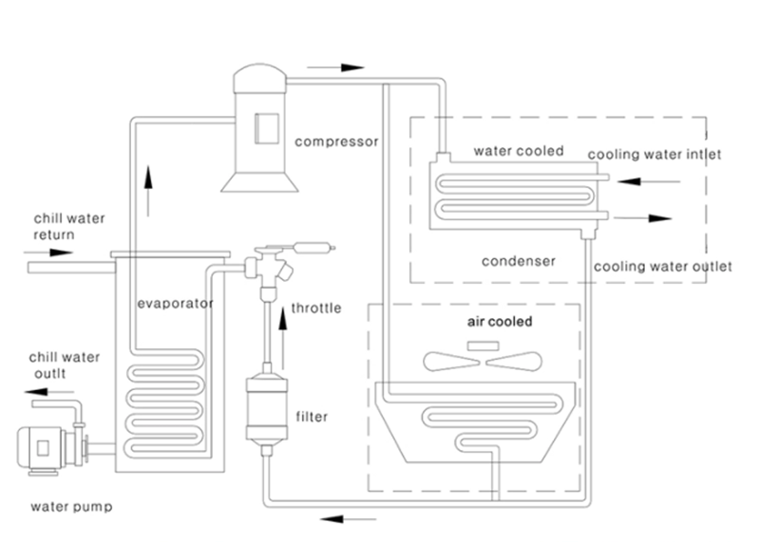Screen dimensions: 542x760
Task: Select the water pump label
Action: [71, 507]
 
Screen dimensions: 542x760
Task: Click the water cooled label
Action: [519, 151]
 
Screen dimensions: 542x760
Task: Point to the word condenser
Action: [518, 259]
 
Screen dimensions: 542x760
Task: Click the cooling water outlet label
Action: [662, 267]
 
